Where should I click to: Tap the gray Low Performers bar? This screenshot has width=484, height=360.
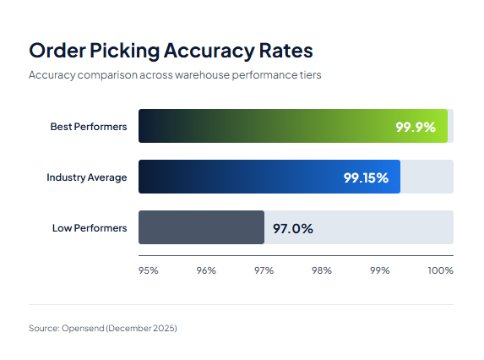pyautogui.click(x=201, y=227)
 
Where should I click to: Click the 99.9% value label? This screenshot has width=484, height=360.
pyautogui.click(x=415, y=127)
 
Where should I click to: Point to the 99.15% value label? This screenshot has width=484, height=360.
pyautogui.click(x=366, y=177)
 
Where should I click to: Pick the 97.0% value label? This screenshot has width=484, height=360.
pyautogui.click(x=292, y=228)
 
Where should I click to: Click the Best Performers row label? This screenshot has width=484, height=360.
pyautogui.click(x=89, y=127)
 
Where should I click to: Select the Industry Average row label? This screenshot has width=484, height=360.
pyautogui.click(x=87, y=177)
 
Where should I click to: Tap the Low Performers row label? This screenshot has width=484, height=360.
pyautogui.click(x=90, y=228)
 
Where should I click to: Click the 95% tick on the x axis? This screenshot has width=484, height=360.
pyautogui.click(x=149, y=270)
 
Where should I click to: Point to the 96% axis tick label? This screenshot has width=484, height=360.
pyautogui.click(x=206, y=270)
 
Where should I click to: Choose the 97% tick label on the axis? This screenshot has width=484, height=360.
pyautogui.click(x=264, y=270)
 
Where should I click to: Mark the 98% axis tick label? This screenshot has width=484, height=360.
pyautogui.click(x=321, y=270)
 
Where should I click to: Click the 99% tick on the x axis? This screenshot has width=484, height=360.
pyautogui.click(x=379, y=270)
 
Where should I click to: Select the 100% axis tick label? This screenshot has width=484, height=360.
pyautogui.click(x=440, y=270)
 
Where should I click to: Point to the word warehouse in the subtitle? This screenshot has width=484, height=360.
pyautogui.click(x=211, y=74)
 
